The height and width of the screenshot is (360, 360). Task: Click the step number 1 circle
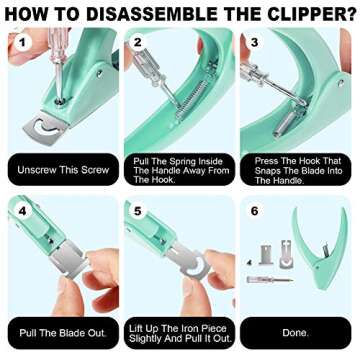point(20,45)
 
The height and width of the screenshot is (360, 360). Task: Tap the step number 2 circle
point(138,45)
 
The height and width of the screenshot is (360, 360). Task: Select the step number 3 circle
point(254,45)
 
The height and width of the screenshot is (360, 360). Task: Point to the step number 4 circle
point(20,213)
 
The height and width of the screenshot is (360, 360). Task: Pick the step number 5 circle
point(138,213)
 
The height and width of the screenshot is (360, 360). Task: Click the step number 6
point(254,213)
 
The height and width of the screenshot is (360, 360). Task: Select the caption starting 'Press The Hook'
point(295,169)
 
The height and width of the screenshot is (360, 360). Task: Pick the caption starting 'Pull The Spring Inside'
point(177,169)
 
